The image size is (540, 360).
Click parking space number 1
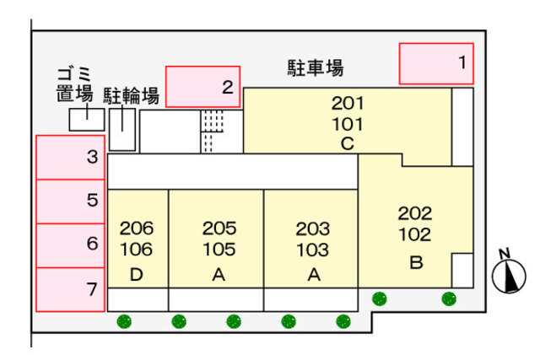[x=436, y=63]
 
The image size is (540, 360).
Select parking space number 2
[x=202, y=87]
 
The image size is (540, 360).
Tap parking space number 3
[x=70, y=157]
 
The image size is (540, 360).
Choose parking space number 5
[x=70, y=201]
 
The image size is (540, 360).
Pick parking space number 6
[x=70, y=245]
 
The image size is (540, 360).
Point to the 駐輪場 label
[x=132, y=95]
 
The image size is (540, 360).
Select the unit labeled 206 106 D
[x=138, y=250]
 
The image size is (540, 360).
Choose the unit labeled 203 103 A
[x=312, y=250]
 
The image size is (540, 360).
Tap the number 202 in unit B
[x=414, y=213]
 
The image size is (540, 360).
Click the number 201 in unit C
[x=347, y=105]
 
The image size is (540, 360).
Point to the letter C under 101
[x=347, y=143]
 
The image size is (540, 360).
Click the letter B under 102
[x=415, y=262]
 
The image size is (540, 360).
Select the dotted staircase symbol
[x=213, y=132]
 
